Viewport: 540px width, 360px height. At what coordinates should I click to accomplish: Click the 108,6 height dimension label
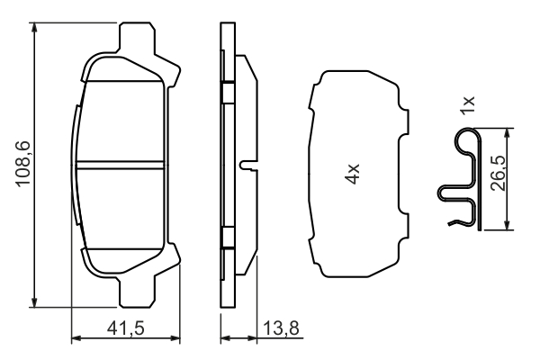[23, 164]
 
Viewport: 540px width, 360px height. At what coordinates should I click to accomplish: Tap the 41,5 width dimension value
[125, 328]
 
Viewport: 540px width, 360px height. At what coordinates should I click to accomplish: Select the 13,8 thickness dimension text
[281, 328]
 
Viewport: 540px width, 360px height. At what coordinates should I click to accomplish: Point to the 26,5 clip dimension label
[499, 174]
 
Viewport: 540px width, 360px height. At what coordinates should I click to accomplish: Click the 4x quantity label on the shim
[353, 174]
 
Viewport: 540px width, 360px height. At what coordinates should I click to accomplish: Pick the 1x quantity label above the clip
[468, 105]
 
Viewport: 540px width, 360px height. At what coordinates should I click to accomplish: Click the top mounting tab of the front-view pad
[137, 38]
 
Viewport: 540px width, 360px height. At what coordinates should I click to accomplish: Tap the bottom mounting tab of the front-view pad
[137, 292]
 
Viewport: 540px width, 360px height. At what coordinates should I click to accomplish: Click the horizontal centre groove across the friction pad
[120, 165]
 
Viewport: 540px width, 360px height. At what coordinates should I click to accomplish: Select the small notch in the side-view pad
[248, 165]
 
